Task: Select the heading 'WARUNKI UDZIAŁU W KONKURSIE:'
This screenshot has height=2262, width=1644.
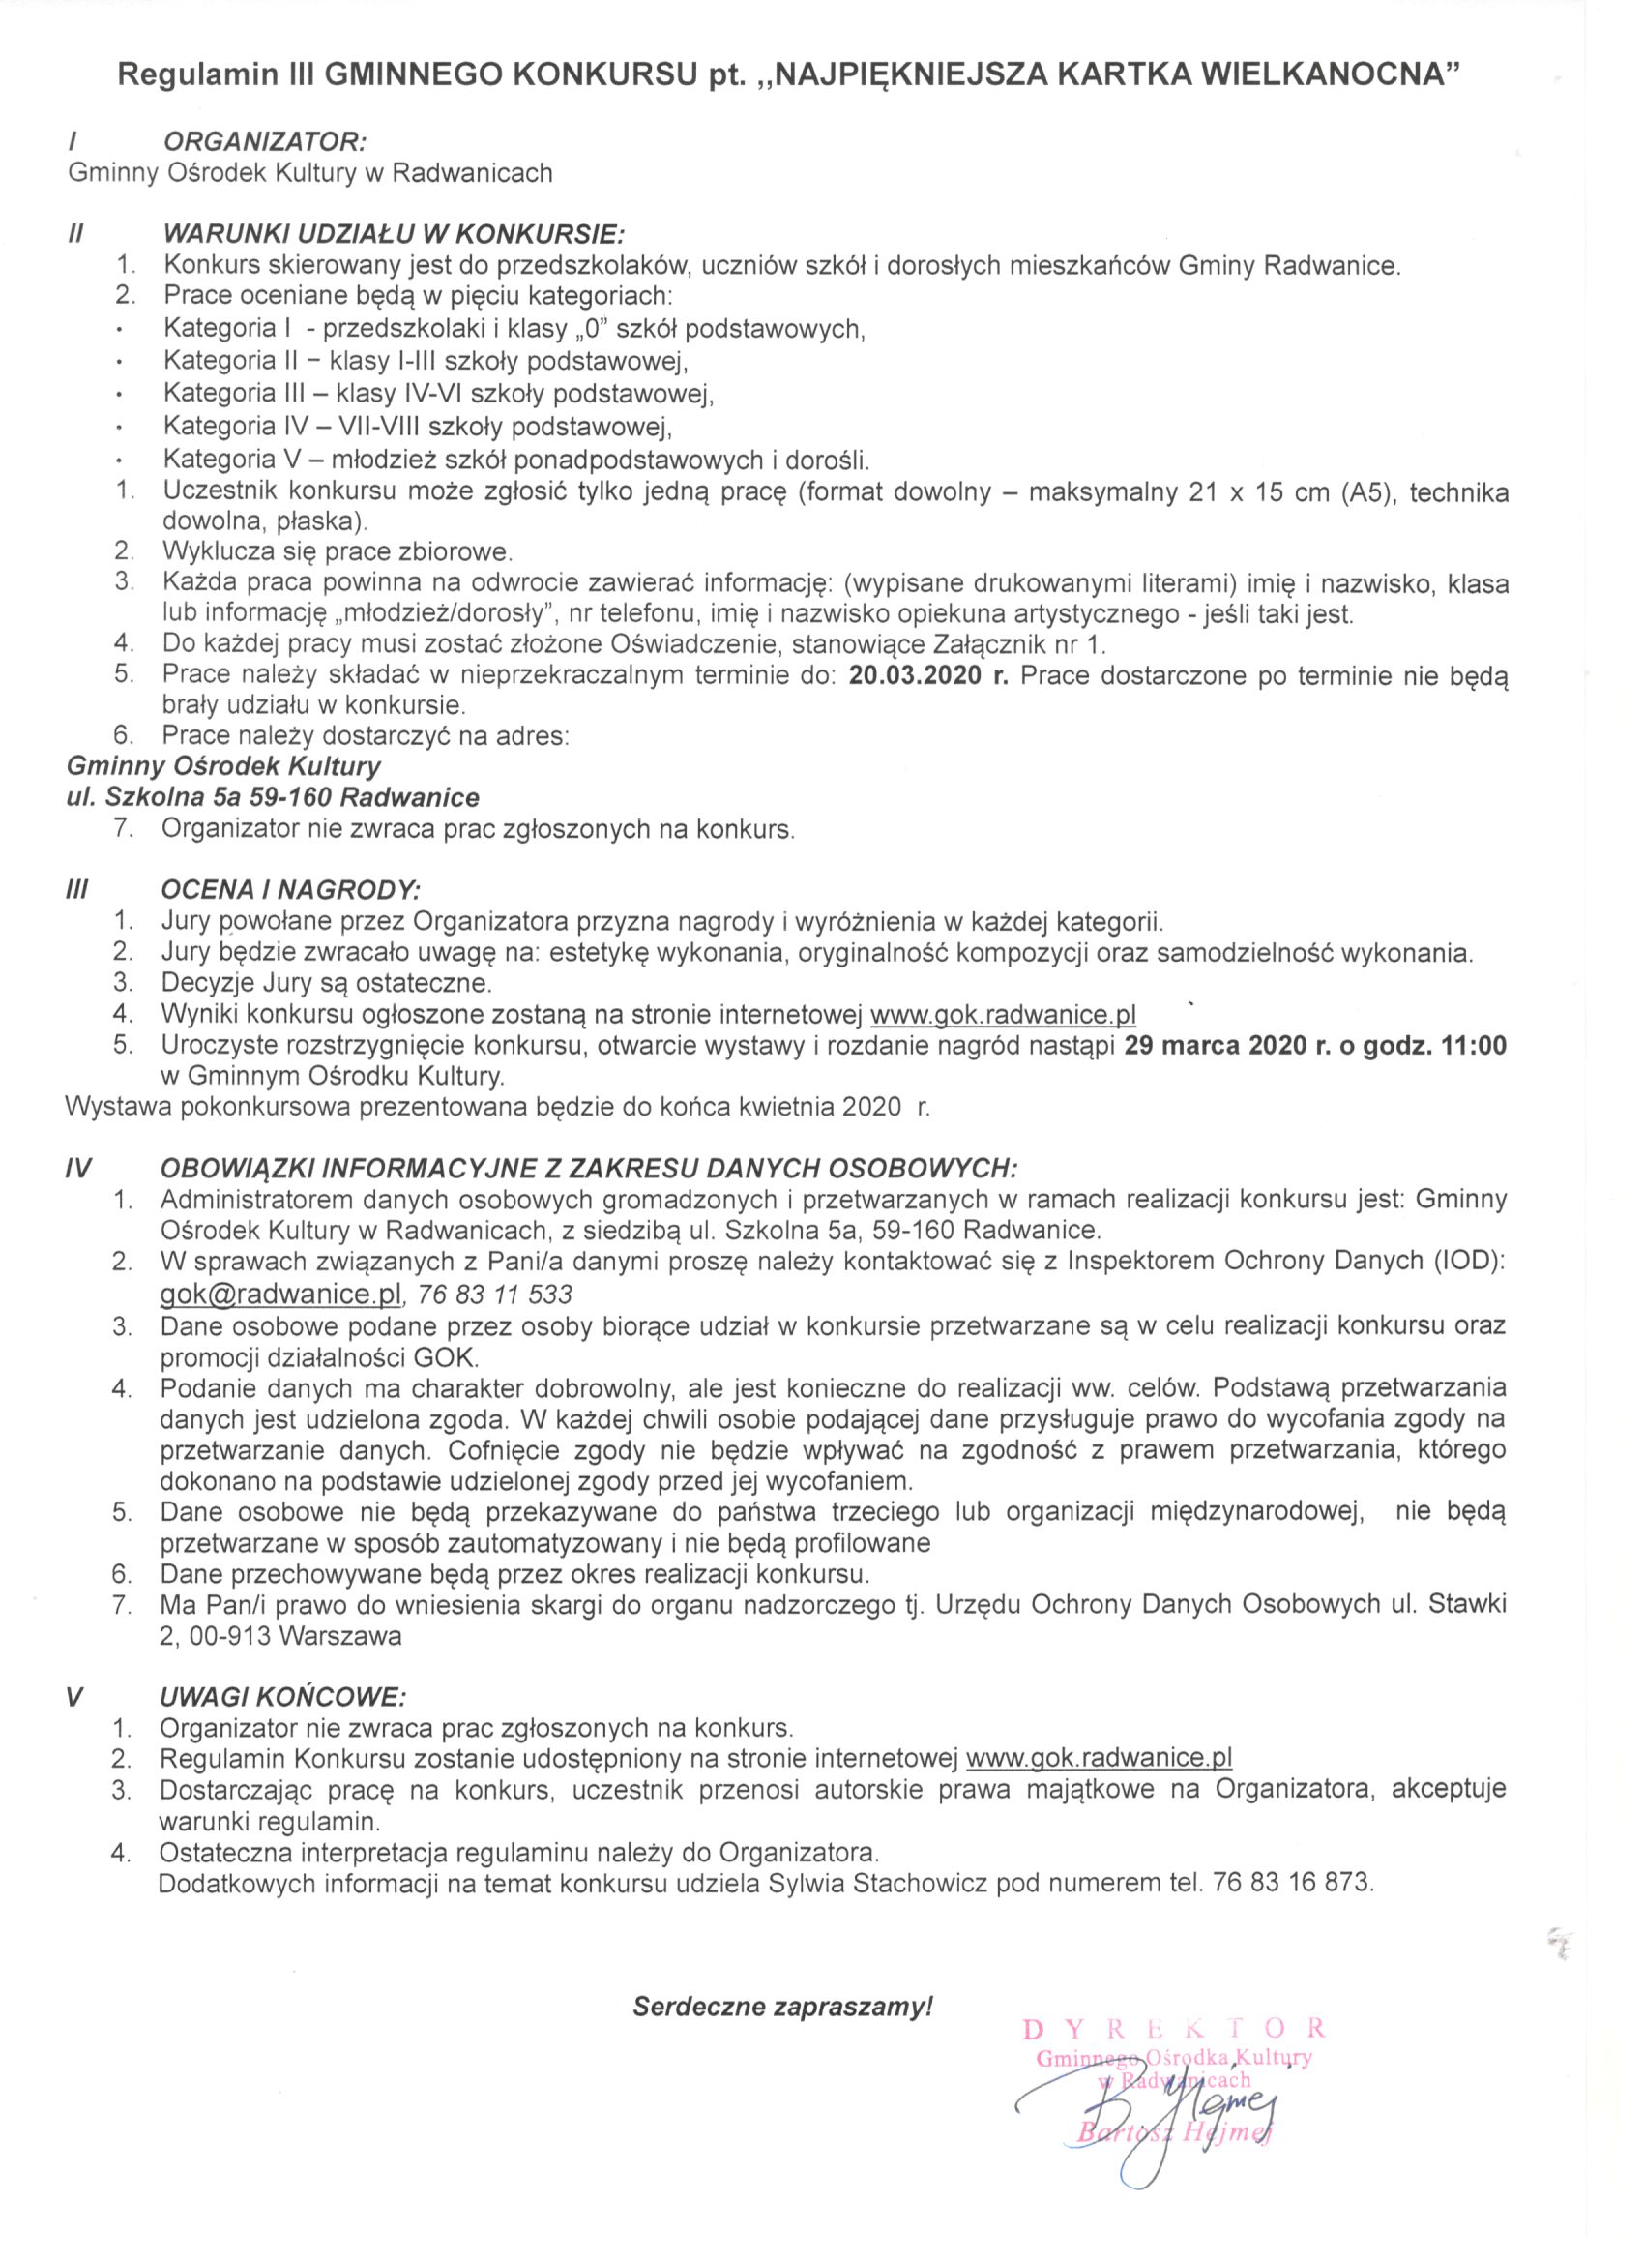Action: [x=394, y=235]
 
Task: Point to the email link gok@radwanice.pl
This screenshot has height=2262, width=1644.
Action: [x=281, y=1294]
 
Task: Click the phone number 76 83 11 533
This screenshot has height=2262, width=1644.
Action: [x=495, y=1295]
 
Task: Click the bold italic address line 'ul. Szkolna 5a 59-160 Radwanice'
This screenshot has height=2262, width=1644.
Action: [x=272, y=798]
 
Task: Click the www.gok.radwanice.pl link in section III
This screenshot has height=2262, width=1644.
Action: [x=1003, y=1015]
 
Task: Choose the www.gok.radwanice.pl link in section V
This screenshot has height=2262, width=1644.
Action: [x=1100, y=1758]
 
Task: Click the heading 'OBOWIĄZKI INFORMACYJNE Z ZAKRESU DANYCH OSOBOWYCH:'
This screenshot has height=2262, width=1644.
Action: [x=589, y=1168]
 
